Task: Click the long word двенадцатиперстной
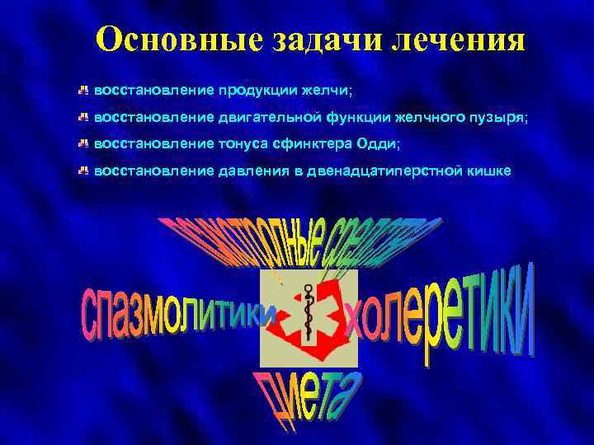[x=391, y=172]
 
